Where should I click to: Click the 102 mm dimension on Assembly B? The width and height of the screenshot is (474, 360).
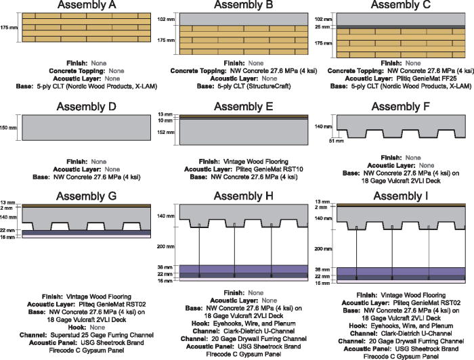pos(165,20)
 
